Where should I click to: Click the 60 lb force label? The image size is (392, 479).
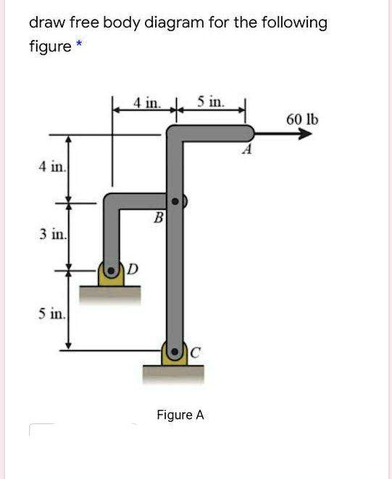pyautogui.click(x=301, y=120)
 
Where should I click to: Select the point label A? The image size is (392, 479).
pyautogui.click(x=248, y=151)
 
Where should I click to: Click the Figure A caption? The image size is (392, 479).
pyautogui.click(x=180, y=415)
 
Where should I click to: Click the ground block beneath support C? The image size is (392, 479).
pyautogui.click(x=174, y=373)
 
